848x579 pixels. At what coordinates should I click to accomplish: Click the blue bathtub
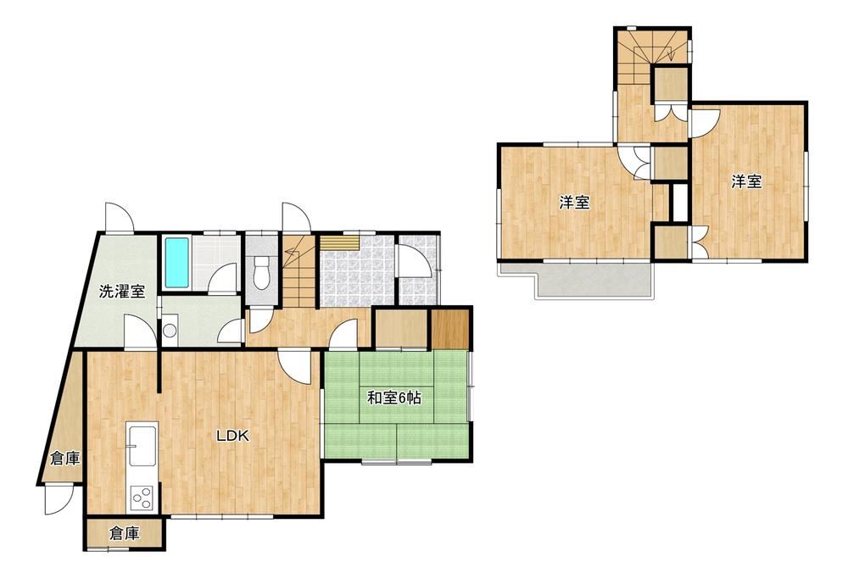(x=177, y=263)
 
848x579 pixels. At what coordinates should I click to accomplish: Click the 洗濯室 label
(x=121, y=292)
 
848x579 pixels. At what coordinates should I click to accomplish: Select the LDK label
(x=232, y=436)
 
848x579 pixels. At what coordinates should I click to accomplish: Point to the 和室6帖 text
(x=394, y=398)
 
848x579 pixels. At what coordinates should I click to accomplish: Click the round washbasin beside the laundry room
(x=170, y=330)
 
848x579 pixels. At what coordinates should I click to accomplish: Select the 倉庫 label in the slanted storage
(x=65, y=459)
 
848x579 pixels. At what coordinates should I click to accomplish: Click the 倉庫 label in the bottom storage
(x=125, y=533)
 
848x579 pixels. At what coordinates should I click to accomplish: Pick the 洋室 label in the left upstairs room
(x=574, y=203)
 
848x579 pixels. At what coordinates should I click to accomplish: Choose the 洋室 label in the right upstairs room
(x=747, y=181)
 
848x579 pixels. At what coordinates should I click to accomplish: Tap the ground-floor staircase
(x=298, y=272)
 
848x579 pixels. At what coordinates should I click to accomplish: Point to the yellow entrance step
(x=339, y=242)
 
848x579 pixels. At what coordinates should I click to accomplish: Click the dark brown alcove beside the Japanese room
(x=450, y=328)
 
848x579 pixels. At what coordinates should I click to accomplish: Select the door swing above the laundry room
(x=119, y=217)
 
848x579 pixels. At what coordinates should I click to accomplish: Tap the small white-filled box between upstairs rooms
(x=679, y=203)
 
